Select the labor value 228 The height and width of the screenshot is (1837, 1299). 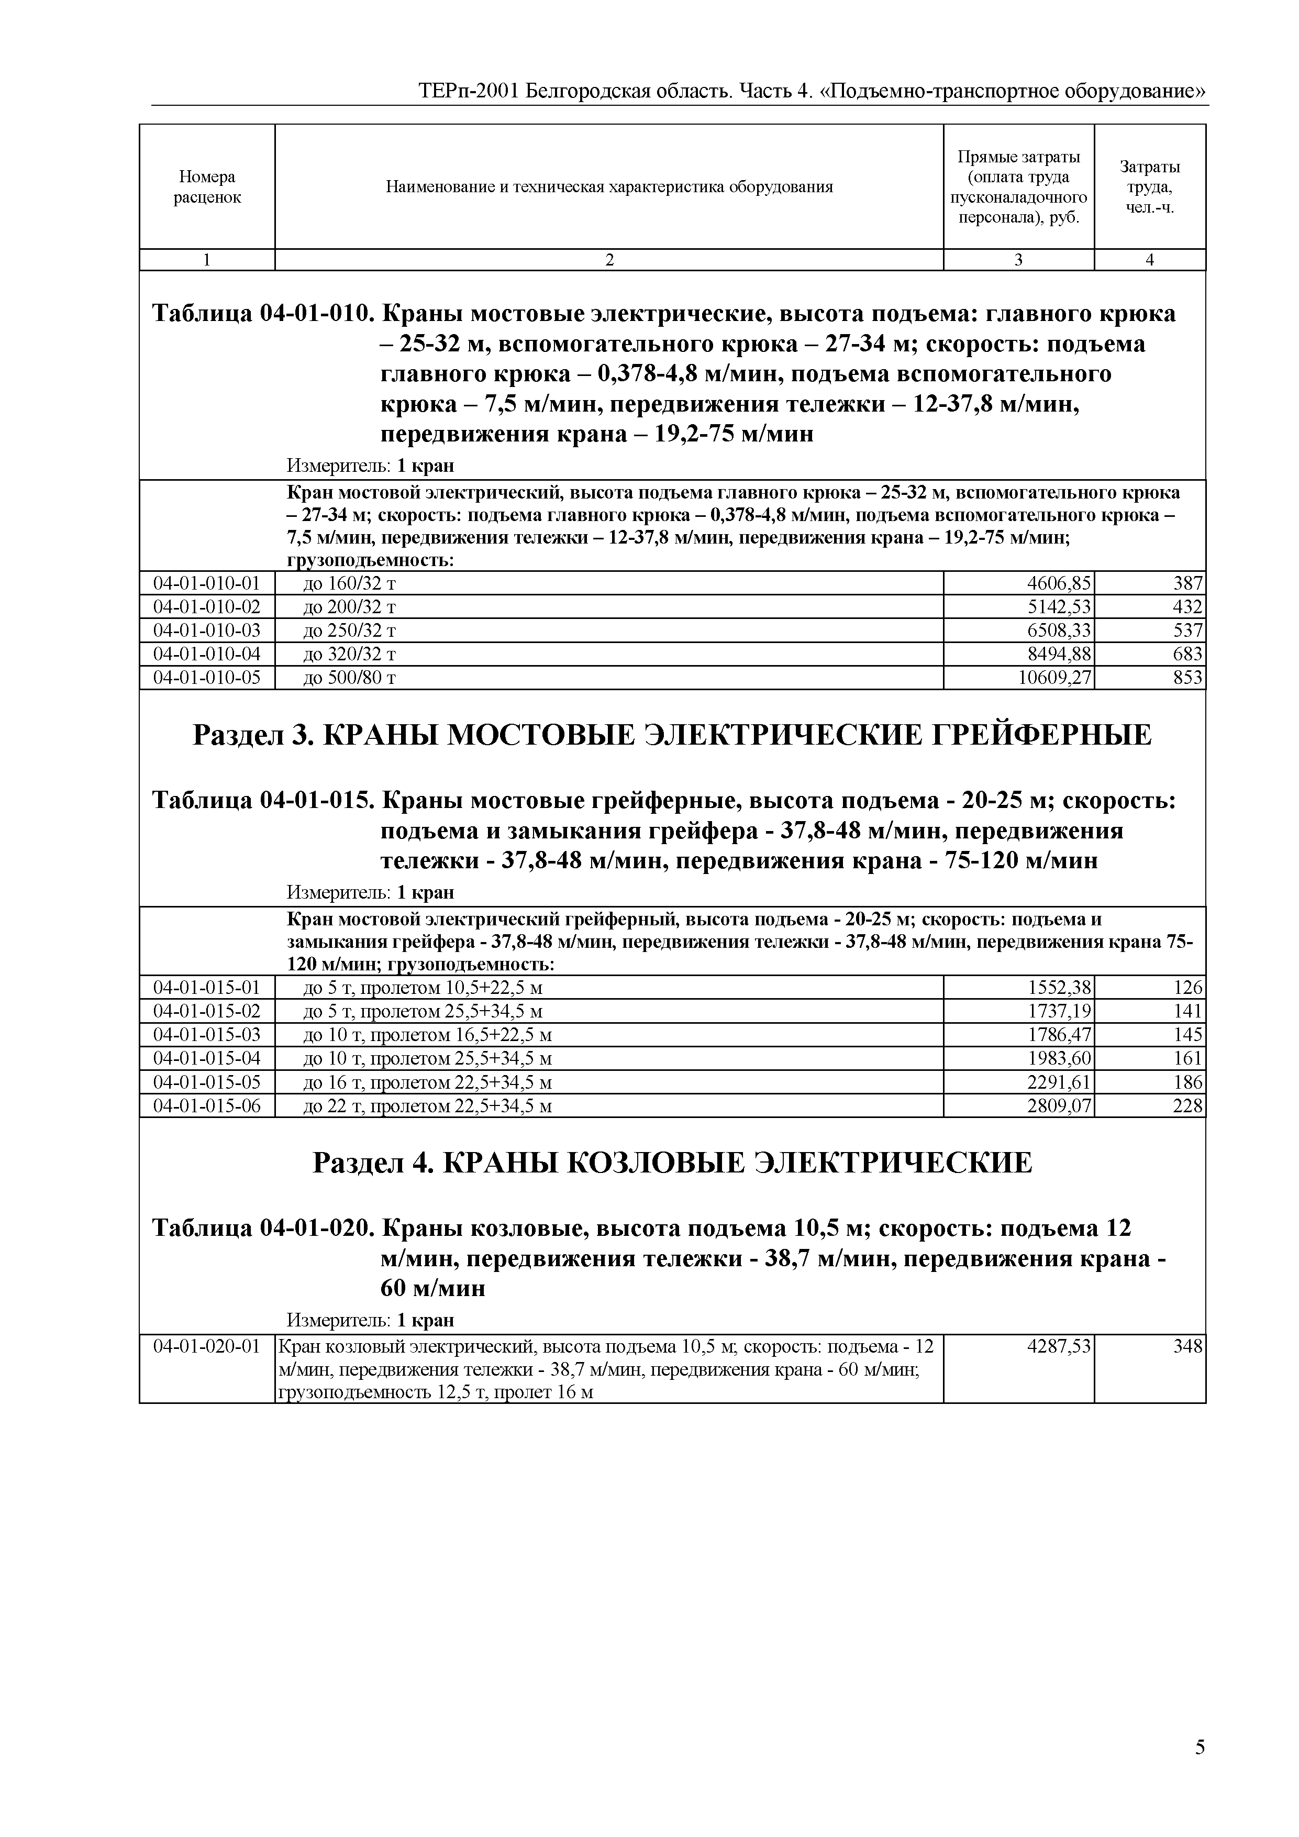click(x=1188, y=1106)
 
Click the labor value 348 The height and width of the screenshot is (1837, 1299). click(x=1188, y=1346)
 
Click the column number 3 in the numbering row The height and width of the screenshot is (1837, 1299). click(x=1018, y=260)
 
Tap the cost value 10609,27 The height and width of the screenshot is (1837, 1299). click(x=1055, y=678)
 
